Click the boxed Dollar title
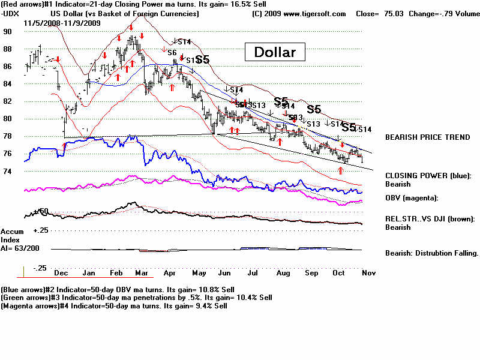point(275,52)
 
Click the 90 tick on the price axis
point(8,32)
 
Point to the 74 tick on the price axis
point(8,172)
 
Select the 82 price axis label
point(8,101)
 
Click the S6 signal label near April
point(172,53)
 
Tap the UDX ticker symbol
point(10,13)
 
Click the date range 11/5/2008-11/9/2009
point(62,23)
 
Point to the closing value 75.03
point(394,13)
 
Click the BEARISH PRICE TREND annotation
point(427,137)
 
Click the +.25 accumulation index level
point(41,230)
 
